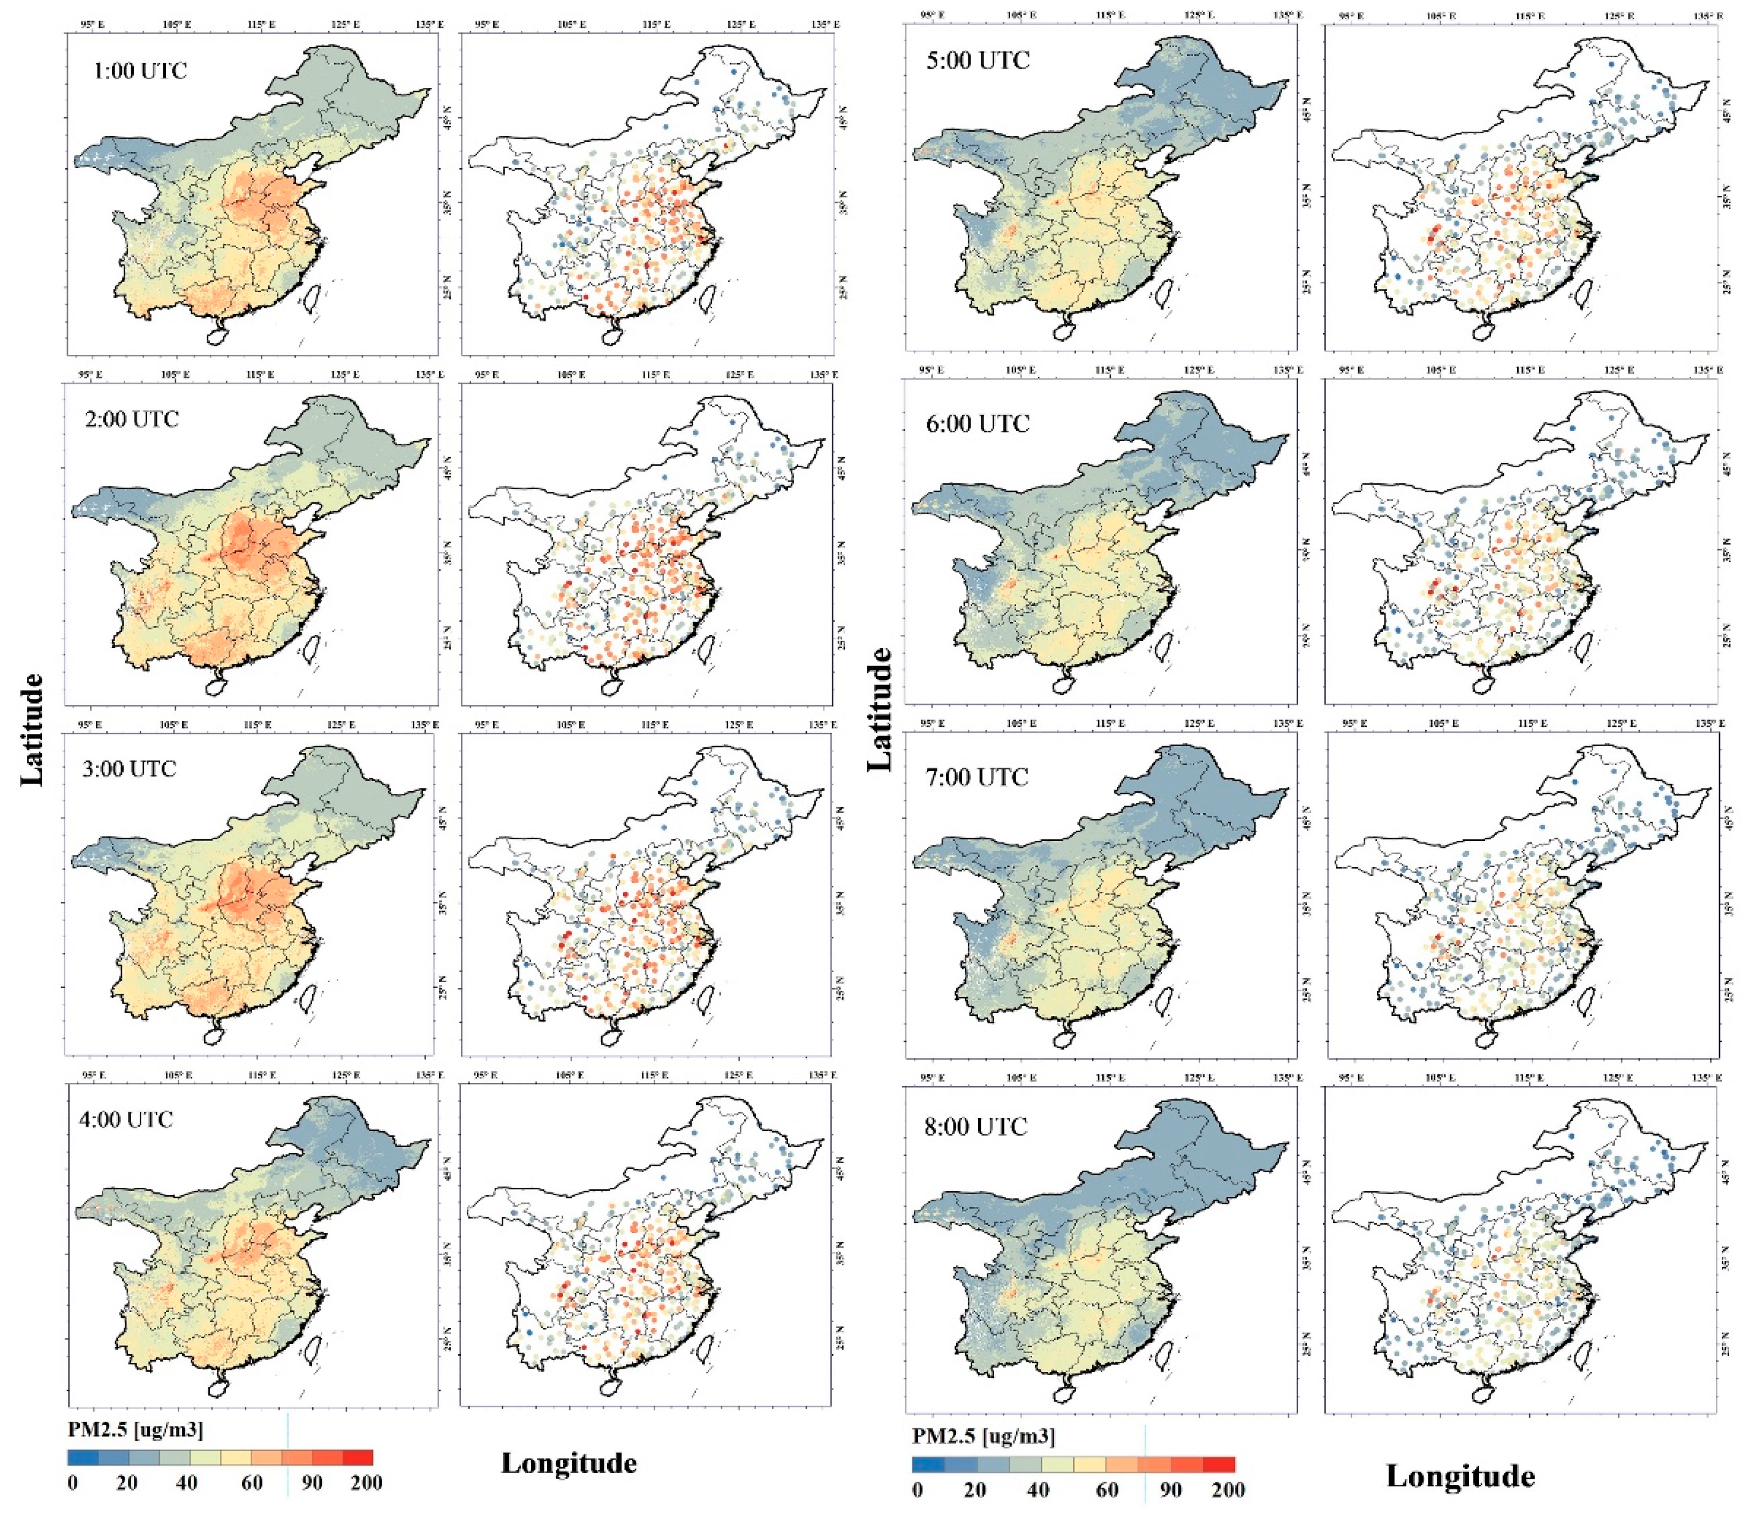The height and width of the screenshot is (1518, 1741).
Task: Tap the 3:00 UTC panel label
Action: (129, 769)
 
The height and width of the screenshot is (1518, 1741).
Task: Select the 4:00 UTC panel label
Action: (126, 1120)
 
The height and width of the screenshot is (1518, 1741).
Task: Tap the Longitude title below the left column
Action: (569, 1463)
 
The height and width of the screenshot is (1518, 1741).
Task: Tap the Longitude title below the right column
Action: (1460, 1476)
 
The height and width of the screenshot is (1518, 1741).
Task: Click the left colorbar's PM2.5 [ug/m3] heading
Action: (135, 1430)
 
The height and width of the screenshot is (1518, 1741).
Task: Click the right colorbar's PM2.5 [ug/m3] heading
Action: (983, 1436)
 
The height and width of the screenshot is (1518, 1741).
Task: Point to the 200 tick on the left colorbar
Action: (366, 1483)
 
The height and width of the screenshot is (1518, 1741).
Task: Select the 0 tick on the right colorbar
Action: (918, 1489)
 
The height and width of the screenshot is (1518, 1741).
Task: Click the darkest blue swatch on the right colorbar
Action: (928, 1464)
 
